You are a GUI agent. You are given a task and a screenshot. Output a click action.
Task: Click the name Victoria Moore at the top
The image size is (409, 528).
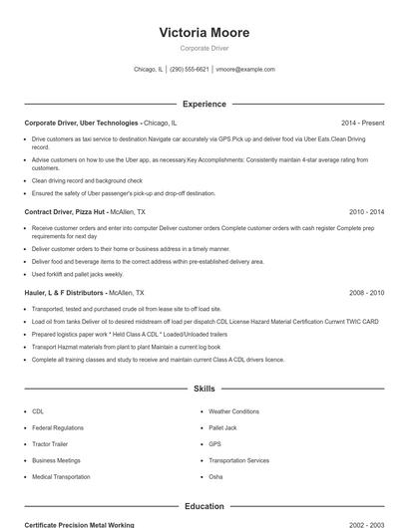click(x=204, y=33)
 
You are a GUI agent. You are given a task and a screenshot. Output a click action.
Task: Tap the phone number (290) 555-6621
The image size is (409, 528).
click(x=190, y=70)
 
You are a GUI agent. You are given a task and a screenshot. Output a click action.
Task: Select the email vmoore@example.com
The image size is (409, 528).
click(x=245, y=70)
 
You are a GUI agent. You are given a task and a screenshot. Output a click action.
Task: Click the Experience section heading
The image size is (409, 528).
click(x=204, y=104)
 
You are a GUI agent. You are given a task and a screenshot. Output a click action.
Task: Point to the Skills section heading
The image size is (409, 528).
click(x=204, y=389)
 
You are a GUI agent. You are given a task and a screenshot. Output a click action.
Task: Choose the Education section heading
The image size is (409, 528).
click(x=204, y=507)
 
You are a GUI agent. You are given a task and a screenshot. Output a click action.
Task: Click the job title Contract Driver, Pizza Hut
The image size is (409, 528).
click(x=65, y=212)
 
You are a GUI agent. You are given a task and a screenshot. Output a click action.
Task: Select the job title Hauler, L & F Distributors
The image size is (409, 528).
click(x=65, y=293)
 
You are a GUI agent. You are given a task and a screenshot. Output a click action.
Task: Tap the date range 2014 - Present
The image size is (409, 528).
click(x=362, y=123)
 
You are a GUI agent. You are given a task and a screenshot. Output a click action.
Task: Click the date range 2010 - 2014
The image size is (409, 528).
click(x=366, y=212)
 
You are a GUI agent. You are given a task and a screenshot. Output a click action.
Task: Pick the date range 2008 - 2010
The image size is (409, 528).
click(x=366, y=293)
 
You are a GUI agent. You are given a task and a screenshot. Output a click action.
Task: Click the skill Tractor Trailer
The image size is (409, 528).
click(x=49, y=444)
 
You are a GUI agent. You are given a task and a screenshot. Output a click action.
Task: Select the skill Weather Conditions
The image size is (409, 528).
click(x=233, y=411)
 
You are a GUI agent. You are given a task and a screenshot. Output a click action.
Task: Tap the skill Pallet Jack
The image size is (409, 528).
click(x=223, y=427)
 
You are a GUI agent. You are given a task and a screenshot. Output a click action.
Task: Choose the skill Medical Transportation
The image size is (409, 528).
click(x=61, y=477)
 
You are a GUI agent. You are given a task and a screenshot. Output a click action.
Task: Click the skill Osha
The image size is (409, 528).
click(x=215, y=477)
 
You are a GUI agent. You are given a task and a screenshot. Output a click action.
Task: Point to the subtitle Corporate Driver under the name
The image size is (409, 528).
click(x=204, y=48)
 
